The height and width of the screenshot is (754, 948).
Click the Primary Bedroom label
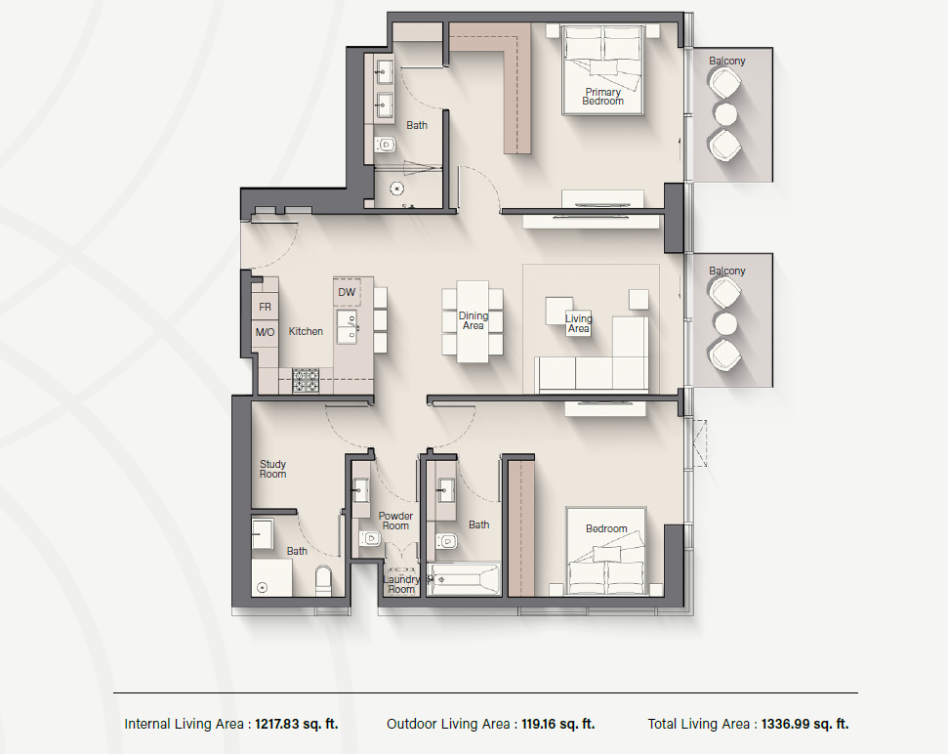[602, 97]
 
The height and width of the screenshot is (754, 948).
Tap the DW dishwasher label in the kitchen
[347, 293]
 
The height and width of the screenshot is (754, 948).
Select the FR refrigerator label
[265, 307]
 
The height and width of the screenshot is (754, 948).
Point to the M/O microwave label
[265, 332]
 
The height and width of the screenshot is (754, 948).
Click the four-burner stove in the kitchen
[306, 380]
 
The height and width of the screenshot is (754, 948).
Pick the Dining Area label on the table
[473, 320]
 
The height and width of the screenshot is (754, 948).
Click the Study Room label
[272, 469]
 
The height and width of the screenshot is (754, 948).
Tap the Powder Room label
[395, 521]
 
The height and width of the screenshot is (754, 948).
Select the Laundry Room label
[401, 584]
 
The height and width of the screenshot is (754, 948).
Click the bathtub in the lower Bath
[464, 579]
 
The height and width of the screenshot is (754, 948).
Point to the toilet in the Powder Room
[369, 537]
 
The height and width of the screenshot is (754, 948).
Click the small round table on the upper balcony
[725, 113]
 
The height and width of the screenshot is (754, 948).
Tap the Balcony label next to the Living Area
[726, 271]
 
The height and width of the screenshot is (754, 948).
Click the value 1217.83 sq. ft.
[296, 724]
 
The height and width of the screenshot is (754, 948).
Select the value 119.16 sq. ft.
[556, 724]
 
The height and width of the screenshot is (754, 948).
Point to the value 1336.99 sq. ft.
[804, 724]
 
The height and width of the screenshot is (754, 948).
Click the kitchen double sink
[347, 327]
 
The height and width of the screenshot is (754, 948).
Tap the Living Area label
[579, 323]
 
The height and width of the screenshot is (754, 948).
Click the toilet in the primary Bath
[385, 146]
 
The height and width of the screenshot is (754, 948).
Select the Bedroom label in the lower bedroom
[606, 528]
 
